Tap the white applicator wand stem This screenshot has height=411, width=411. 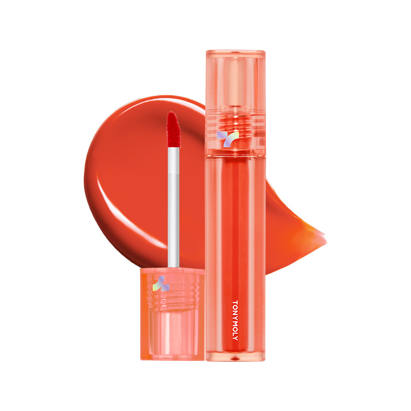point(173,208)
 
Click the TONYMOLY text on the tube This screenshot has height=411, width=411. point(235,320)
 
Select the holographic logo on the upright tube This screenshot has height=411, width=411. point(228,139)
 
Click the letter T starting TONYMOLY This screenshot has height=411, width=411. point(235,302)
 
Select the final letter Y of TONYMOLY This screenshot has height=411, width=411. point(235,339)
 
